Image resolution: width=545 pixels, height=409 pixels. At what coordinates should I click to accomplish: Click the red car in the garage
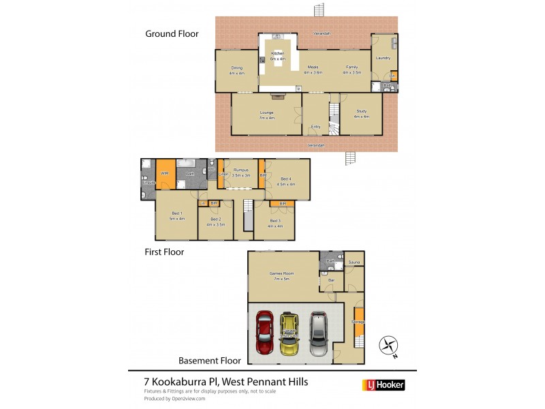pyautogui.click(x=264, y=333)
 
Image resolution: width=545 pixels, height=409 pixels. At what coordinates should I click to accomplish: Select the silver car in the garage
pyautogui.click(x=318, y=333)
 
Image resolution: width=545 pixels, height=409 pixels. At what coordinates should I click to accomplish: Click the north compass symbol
pyautogui.click(x=389, y=346)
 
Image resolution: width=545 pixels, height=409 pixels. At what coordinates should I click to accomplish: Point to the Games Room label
pyautogui.click(x=282, y=275)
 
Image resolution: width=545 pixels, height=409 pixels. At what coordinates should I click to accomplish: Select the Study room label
pyautogui.click(x=361, y=113)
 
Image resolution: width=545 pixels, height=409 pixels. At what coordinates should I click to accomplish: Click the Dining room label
pyautogui.click(x=236, y=68)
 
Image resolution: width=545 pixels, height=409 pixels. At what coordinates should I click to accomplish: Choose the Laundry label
pyautogui.click(x=383, y=58)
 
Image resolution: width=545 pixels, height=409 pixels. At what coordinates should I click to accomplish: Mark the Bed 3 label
pyautogui.click(x=275, y=221)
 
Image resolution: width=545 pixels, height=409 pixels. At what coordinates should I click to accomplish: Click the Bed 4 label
pyautogui.click(x=286, y=180)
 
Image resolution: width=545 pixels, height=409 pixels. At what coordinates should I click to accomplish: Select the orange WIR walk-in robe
pyautogui.click(x=165, y=174)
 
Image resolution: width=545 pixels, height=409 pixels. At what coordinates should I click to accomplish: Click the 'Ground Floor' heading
pyautogui.click(x=171, y=33)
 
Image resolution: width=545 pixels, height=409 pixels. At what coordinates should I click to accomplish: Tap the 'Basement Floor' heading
pyautogui.click(x=208, y=360)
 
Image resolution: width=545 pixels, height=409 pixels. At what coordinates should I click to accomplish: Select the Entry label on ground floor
pyautogui.click(x=315, y=126)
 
